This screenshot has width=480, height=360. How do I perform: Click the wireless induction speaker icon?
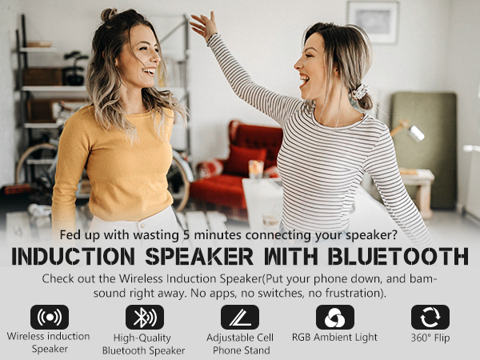(50, 317)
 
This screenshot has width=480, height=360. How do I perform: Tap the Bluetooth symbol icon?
(144, 317)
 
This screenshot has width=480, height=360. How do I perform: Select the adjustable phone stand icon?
(240, 317)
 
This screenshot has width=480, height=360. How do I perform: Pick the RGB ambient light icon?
(334, 317)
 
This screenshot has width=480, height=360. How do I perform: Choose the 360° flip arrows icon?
(430, 317)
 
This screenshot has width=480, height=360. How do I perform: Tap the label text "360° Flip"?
(430, 337)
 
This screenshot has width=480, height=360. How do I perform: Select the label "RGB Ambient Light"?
(334, 337)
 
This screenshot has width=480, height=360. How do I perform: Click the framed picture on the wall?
(373, 22)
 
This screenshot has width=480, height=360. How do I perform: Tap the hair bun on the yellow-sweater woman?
(109, 14)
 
